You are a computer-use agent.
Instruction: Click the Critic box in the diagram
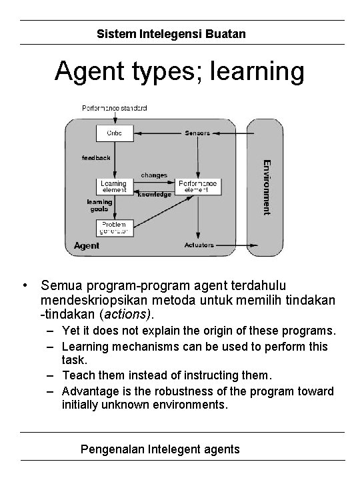[115, 133]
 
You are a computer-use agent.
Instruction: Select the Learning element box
[114, 186]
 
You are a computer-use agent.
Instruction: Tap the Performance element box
[197, 186]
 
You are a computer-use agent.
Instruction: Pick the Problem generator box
[115, 227]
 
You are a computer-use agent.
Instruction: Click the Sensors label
[197, 133]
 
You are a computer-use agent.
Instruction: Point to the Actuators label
[198, 245]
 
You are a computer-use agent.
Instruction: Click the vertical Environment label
[265, 186]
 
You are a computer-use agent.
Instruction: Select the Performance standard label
[115, 108]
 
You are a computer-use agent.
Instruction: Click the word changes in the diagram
[153, 175]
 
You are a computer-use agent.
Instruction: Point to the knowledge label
[155, 195]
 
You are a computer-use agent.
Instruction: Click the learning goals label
[98, 205]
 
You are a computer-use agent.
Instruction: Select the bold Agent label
[87, 245]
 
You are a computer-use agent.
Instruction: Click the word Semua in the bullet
[60, 285]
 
